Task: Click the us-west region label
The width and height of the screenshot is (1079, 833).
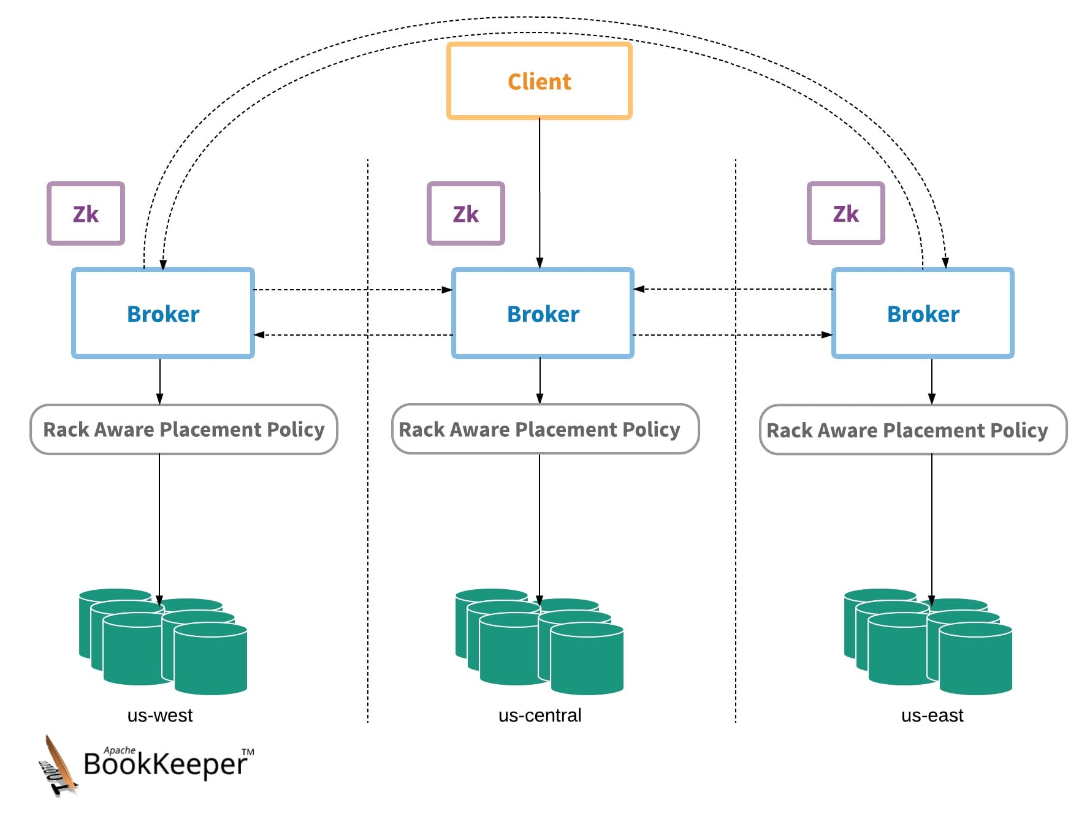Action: [x=160, y=715]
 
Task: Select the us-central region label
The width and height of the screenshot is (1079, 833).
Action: [x=540, y=715]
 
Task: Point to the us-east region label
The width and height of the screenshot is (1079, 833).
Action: [x=932, y=715]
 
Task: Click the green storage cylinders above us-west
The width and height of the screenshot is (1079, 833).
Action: [x=163, y=642]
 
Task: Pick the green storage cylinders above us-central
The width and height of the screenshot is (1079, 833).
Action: [x=539, y=642]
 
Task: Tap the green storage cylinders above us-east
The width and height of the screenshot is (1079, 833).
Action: [x=928, y=642]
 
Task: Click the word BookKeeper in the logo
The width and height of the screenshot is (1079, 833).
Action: [x=166, y=764]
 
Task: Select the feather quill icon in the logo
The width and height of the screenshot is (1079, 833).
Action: [x=59, y=766]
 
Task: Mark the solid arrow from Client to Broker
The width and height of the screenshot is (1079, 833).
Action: [x=539, y=193]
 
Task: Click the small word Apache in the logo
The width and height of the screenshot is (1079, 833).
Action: [x=120, y=750]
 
